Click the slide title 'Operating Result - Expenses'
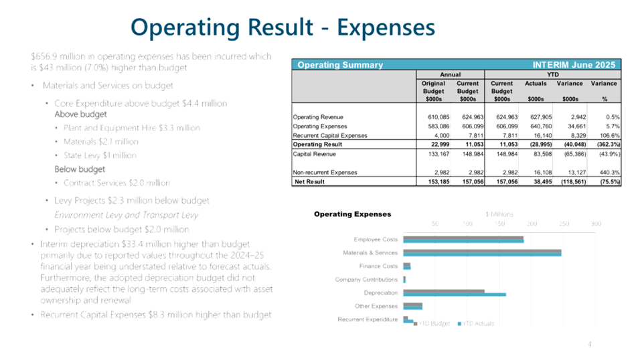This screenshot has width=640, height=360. click(x=283, y=27)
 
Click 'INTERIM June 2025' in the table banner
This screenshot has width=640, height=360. click(x=574, y=65)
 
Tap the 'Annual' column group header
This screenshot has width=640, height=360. click(x=450, y=74)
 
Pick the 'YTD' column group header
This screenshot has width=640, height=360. click(x=553, y=74)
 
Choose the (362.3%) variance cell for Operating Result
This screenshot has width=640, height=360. click(x=604, y=144)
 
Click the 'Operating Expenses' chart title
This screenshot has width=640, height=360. click(x=352, y=214)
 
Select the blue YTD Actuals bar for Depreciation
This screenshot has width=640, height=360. click(x=455, y=294)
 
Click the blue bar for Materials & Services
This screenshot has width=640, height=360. click(x=483, y=254)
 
